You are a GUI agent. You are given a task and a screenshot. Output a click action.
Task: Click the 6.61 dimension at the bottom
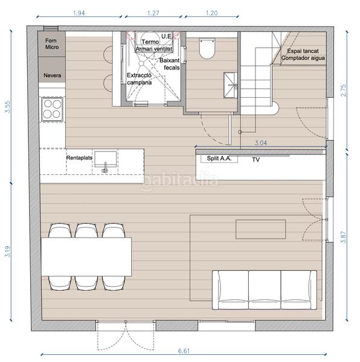[184, 351]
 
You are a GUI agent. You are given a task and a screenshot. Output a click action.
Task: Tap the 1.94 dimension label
[79, 13]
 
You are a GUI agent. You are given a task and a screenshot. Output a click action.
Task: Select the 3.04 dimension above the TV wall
[261, 143]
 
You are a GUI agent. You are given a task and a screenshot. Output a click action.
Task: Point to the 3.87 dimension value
[344, 237]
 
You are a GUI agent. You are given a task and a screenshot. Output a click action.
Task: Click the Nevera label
[53, 75]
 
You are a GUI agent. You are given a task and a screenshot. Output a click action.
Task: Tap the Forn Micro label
[52, 43]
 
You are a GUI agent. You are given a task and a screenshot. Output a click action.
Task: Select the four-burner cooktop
[52, 109]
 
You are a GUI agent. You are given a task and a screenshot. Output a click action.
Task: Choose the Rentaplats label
[79, 158]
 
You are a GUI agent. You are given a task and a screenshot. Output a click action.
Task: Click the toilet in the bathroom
[207, 48]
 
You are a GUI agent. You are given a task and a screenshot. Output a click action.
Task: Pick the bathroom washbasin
[231, 85]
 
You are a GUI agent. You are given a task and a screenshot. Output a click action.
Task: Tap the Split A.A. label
[219, 158]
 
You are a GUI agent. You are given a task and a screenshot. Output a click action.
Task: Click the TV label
[256, 159]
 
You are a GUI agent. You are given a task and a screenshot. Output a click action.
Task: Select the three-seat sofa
[265, 290]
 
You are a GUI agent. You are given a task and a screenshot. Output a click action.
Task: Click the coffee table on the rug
[261, 229]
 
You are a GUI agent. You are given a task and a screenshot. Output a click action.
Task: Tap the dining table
[86, 256]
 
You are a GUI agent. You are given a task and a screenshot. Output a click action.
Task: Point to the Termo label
[150, 42]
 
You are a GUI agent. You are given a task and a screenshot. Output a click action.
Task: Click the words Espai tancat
[303, 51]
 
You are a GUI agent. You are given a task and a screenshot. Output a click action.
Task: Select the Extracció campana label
[140, 78]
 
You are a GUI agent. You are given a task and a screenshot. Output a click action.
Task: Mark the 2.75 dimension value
[344, 91]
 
